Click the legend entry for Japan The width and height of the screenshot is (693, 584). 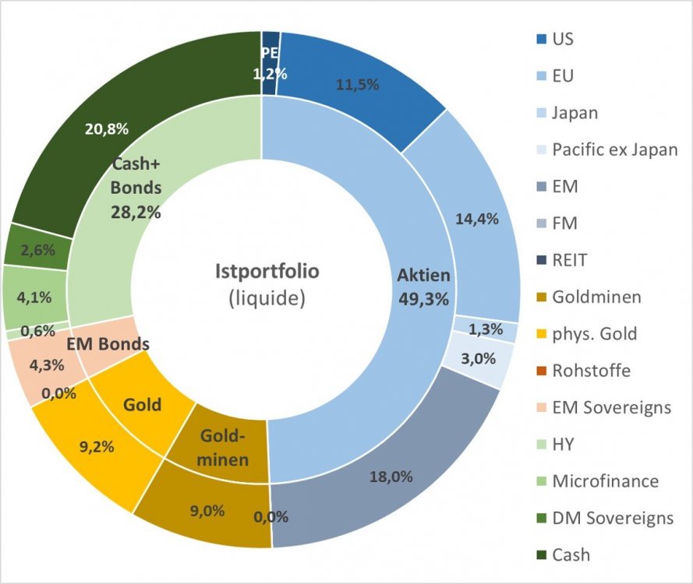click(575, 112)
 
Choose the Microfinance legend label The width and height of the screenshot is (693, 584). click(605, 481)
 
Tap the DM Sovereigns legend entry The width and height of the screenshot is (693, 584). click(612, 518)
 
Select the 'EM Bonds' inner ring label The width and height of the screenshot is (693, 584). click(108, 343)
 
